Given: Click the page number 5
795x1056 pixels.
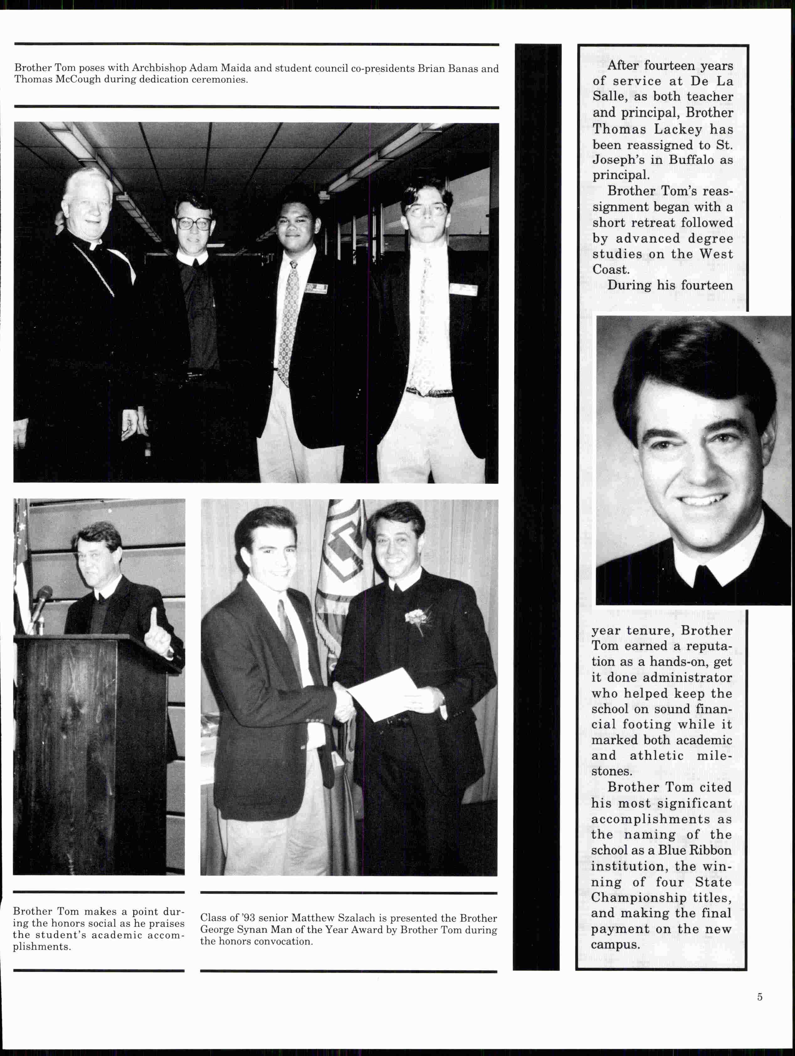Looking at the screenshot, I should (759, 997).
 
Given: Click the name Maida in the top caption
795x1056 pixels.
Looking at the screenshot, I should (234, 68).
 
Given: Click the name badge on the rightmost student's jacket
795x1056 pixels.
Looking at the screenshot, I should (463, 289).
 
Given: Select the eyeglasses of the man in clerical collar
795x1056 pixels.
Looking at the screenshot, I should (194, 223).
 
